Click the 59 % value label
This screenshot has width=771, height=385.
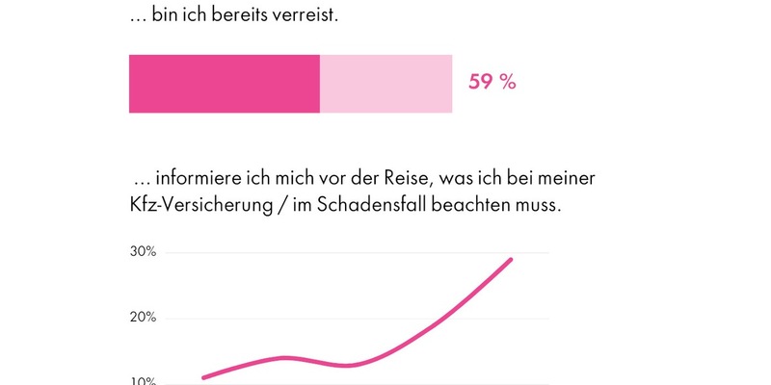(x=492, y=83)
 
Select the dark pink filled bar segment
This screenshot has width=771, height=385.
(x=224, y=84)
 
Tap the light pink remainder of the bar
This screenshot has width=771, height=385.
(x=385, y=84)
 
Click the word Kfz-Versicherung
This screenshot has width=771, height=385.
(x=199, y=207)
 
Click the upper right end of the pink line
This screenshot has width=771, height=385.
(x=511, y=259)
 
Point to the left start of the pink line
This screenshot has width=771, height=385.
(x=202, y=377)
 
